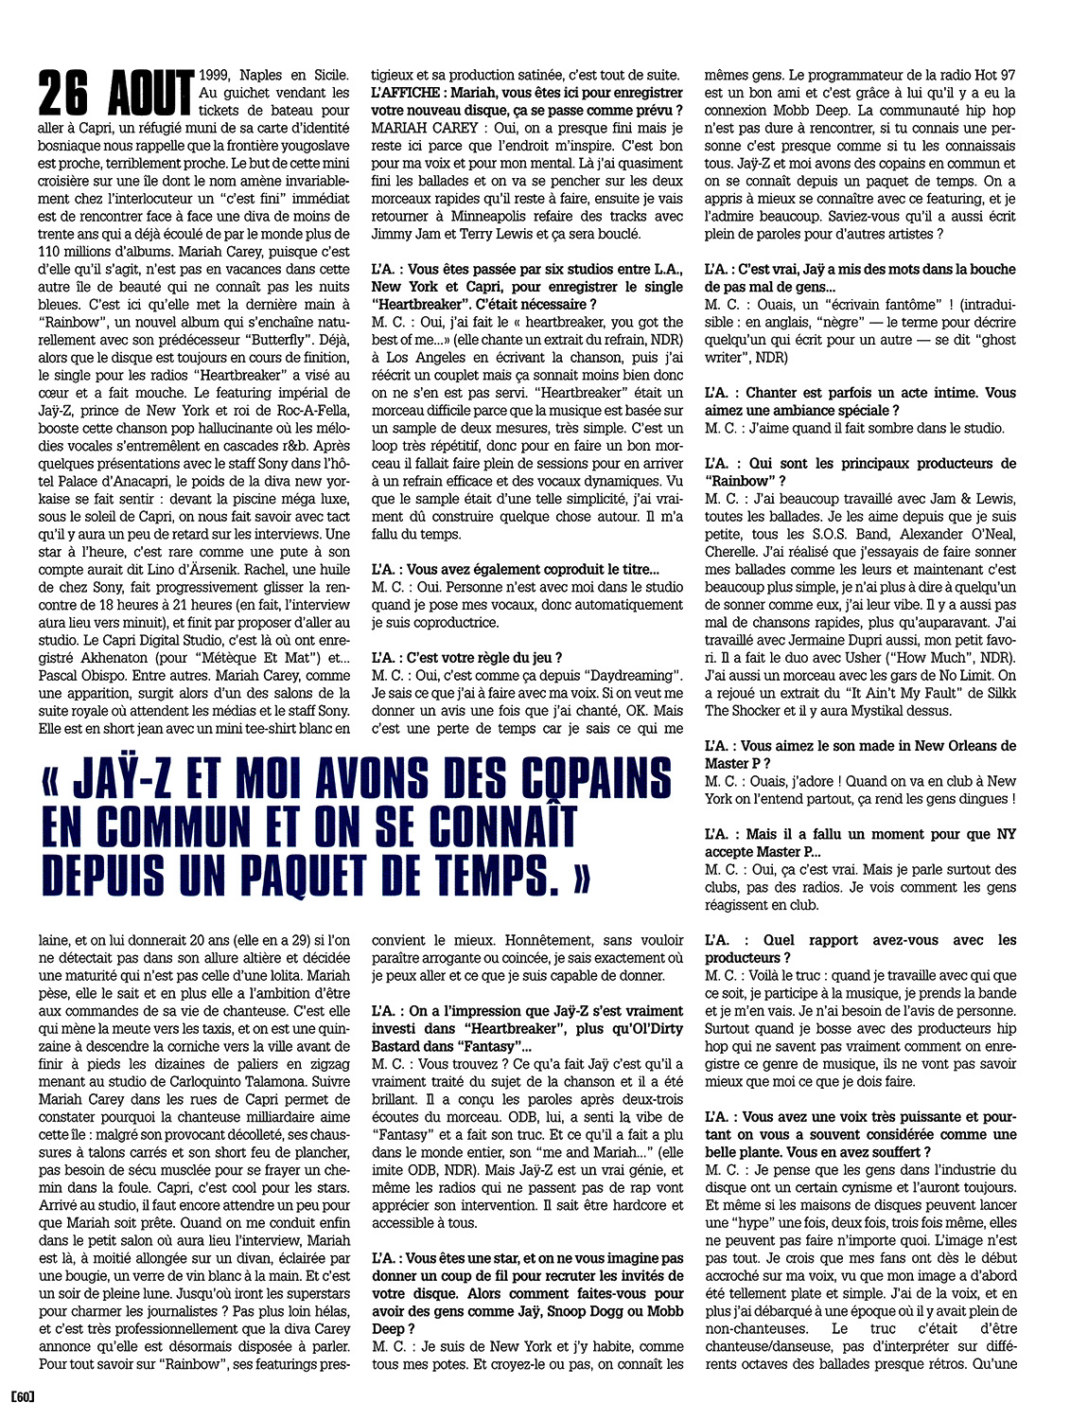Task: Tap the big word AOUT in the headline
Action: click(149, 95)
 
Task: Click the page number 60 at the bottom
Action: click(22, 1396)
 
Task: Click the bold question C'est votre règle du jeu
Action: click(483, 658)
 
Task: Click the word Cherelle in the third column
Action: click(731, 552)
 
